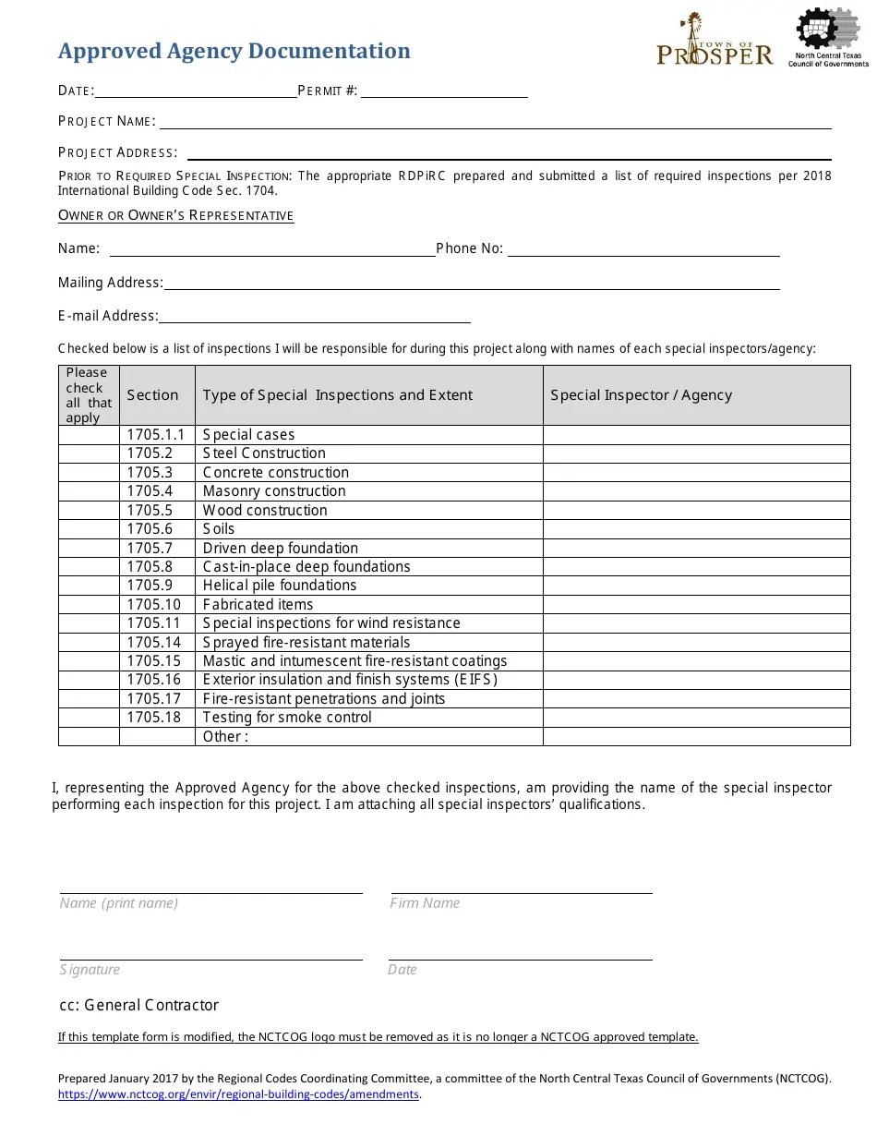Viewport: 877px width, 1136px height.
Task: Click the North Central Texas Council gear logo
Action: (x=827, y=37)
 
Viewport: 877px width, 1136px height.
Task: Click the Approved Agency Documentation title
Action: (x=234, y=51)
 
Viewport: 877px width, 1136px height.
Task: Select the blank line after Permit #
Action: (x=444, y=90)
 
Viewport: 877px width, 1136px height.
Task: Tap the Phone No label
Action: (x=469, y=248)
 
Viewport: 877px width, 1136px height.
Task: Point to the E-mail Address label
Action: (x=108, y=316)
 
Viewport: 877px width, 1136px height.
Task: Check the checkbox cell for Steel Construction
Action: (x=89, y=453)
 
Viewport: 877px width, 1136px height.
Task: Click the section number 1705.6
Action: (x=150, y=529)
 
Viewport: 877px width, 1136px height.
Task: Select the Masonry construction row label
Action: (x=274, y=491)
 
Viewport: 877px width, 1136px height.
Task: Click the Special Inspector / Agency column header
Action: (x=641, y=395)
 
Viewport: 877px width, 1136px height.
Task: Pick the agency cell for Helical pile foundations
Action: (x=696, y=586)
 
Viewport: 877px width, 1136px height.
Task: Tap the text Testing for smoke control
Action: (x=287, y=718)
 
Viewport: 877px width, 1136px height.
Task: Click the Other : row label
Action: (x=225, y=736)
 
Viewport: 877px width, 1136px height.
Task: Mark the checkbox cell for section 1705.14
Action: (x=89, y=642)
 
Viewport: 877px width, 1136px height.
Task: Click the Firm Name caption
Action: (x=425, y=903)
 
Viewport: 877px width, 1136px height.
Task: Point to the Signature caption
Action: (x=90, y=970)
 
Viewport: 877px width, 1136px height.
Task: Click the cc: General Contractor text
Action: (x=138, y=1005)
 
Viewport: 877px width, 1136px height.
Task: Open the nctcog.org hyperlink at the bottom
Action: (x=238, y=1094)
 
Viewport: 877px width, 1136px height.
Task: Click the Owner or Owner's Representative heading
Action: (x=175, y=215)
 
